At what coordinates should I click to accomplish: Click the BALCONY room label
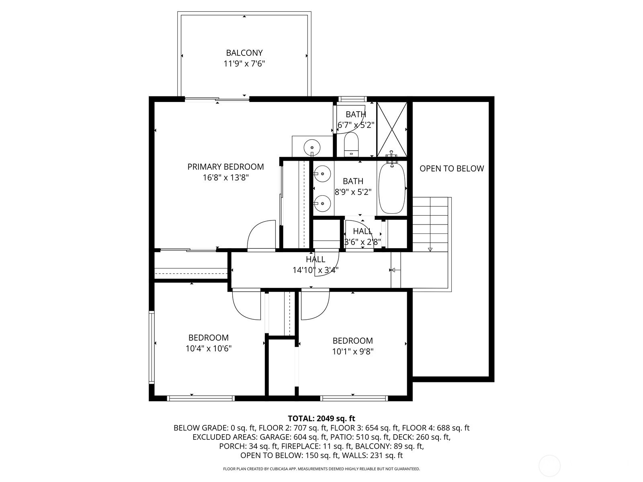244,53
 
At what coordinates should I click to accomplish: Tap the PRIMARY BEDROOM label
225,167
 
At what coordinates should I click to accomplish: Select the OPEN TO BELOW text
452,169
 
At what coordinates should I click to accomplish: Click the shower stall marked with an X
392,129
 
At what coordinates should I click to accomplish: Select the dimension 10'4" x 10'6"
209,349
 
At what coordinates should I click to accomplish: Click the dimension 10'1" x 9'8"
353,351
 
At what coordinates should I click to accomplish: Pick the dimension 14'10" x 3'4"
315,270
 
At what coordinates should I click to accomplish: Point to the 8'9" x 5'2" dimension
353,192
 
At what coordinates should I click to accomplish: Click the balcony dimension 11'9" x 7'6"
244,63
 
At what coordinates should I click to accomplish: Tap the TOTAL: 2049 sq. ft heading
321,419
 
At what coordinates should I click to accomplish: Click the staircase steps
430,224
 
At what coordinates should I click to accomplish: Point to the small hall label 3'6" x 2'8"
362,242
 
